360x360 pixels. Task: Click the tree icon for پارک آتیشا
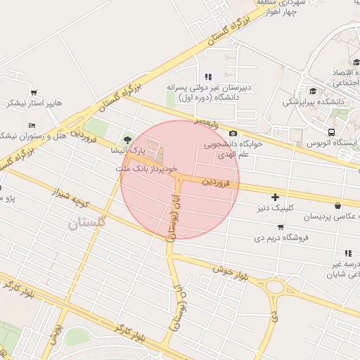pyautogui.click(x=127, y=139)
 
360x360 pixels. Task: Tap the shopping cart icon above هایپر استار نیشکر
pyautogui.click(x=34, y=93)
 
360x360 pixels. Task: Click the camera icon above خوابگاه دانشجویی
pyautogui.click(x=233, y=134)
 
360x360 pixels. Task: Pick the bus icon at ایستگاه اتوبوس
pyautogui.click(x=331, y=132)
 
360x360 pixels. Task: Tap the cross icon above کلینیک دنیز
pyautogui.click(x=275, y=197)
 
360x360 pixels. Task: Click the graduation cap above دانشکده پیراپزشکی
pyautogui.click(x=312, y=91)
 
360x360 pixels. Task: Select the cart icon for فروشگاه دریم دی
pyautogui.click(x=281, y=227)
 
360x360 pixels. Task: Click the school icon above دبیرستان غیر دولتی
pyautogui.click(x=207, y=77)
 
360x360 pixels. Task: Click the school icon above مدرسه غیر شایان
pyautogui.click(x=347, y=253)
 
